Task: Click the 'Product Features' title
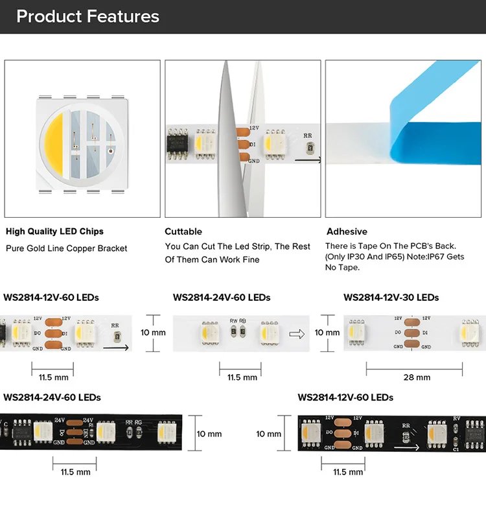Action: [x=87, y=17]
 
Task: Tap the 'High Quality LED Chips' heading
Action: [x=54, y=231]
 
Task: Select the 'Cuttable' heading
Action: [x=183, y=231]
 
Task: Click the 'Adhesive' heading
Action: [x=347, y=231]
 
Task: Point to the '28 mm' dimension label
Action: [x=417, y=377]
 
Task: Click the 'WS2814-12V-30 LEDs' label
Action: [x=391, y=298]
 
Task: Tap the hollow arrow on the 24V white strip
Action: [x=297, y=334]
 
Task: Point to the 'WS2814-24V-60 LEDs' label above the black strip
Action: [x=52, y=397]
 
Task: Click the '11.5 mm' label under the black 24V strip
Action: [x=74, y=472]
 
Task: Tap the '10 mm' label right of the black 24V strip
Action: [x=209, y=434]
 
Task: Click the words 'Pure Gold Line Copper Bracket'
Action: [x=66, y=248]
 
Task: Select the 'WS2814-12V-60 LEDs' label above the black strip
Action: [x=345, y=397]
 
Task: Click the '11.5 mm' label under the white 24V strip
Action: [x=242, y=377]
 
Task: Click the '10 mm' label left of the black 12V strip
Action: [x=269, y=434]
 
